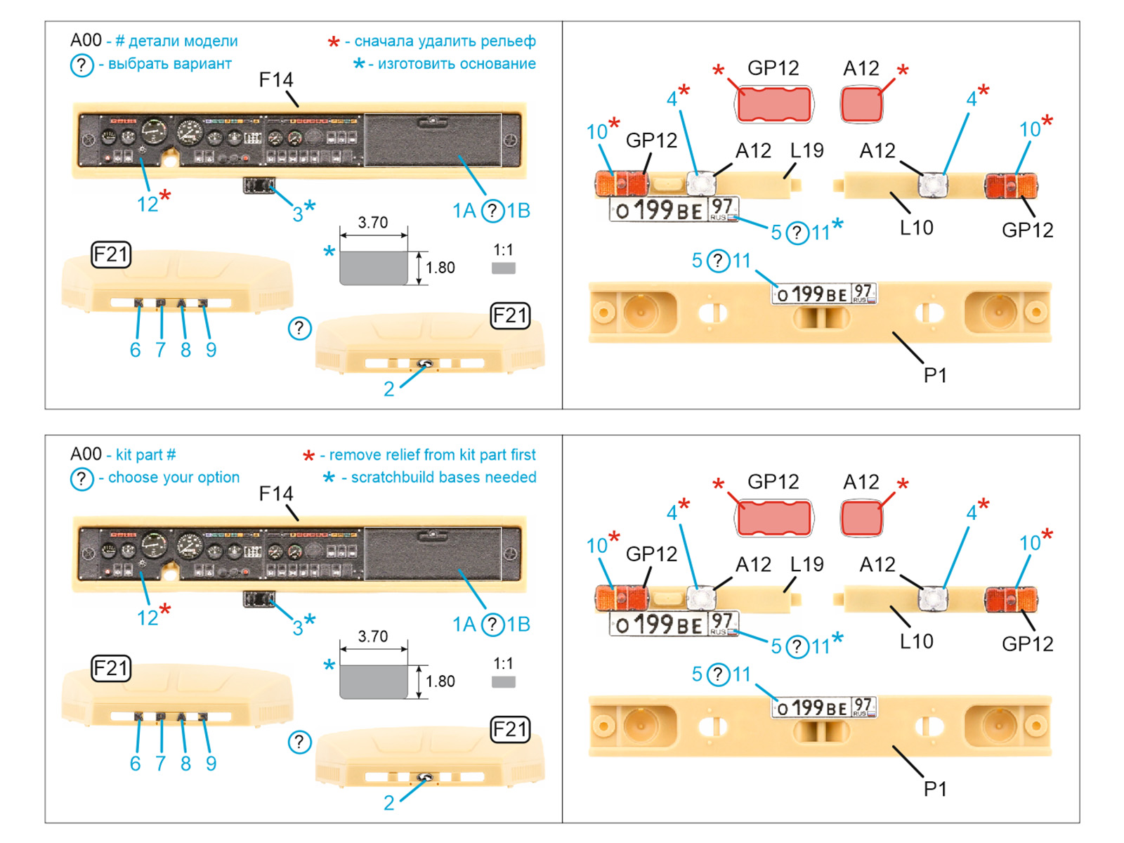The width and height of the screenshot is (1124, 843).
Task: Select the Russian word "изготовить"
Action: tap(415, 64)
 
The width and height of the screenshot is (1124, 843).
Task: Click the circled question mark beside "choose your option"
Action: tap(81, 478)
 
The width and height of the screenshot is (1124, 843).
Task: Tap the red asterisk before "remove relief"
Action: tap(308, 457)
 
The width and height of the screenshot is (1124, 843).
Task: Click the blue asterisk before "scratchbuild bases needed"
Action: tap(328, 478)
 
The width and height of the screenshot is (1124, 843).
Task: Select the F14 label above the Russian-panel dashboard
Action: tap(275, 80)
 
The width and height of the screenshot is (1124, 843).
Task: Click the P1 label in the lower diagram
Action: tap(935, 789)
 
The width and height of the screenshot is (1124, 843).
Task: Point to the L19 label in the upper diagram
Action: tap(806, 150)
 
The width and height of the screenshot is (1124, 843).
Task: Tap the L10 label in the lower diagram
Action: tap(916, 641)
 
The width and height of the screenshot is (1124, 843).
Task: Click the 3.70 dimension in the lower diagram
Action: tap(372, 636)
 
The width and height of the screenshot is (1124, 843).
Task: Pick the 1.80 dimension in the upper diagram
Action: tap(440, 268)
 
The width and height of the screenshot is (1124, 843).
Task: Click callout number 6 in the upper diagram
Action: tap(135, 350)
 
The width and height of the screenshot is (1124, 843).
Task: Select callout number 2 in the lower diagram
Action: tap(388, 802)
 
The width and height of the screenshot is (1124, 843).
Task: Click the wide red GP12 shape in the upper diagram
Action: tap(773, 105)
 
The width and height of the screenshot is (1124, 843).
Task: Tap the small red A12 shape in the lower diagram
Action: tap(861, 518)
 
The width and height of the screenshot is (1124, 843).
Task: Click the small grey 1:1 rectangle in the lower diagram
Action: tap(503, 681)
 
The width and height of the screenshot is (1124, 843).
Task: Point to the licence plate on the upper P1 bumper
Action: tap(824, 294)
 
